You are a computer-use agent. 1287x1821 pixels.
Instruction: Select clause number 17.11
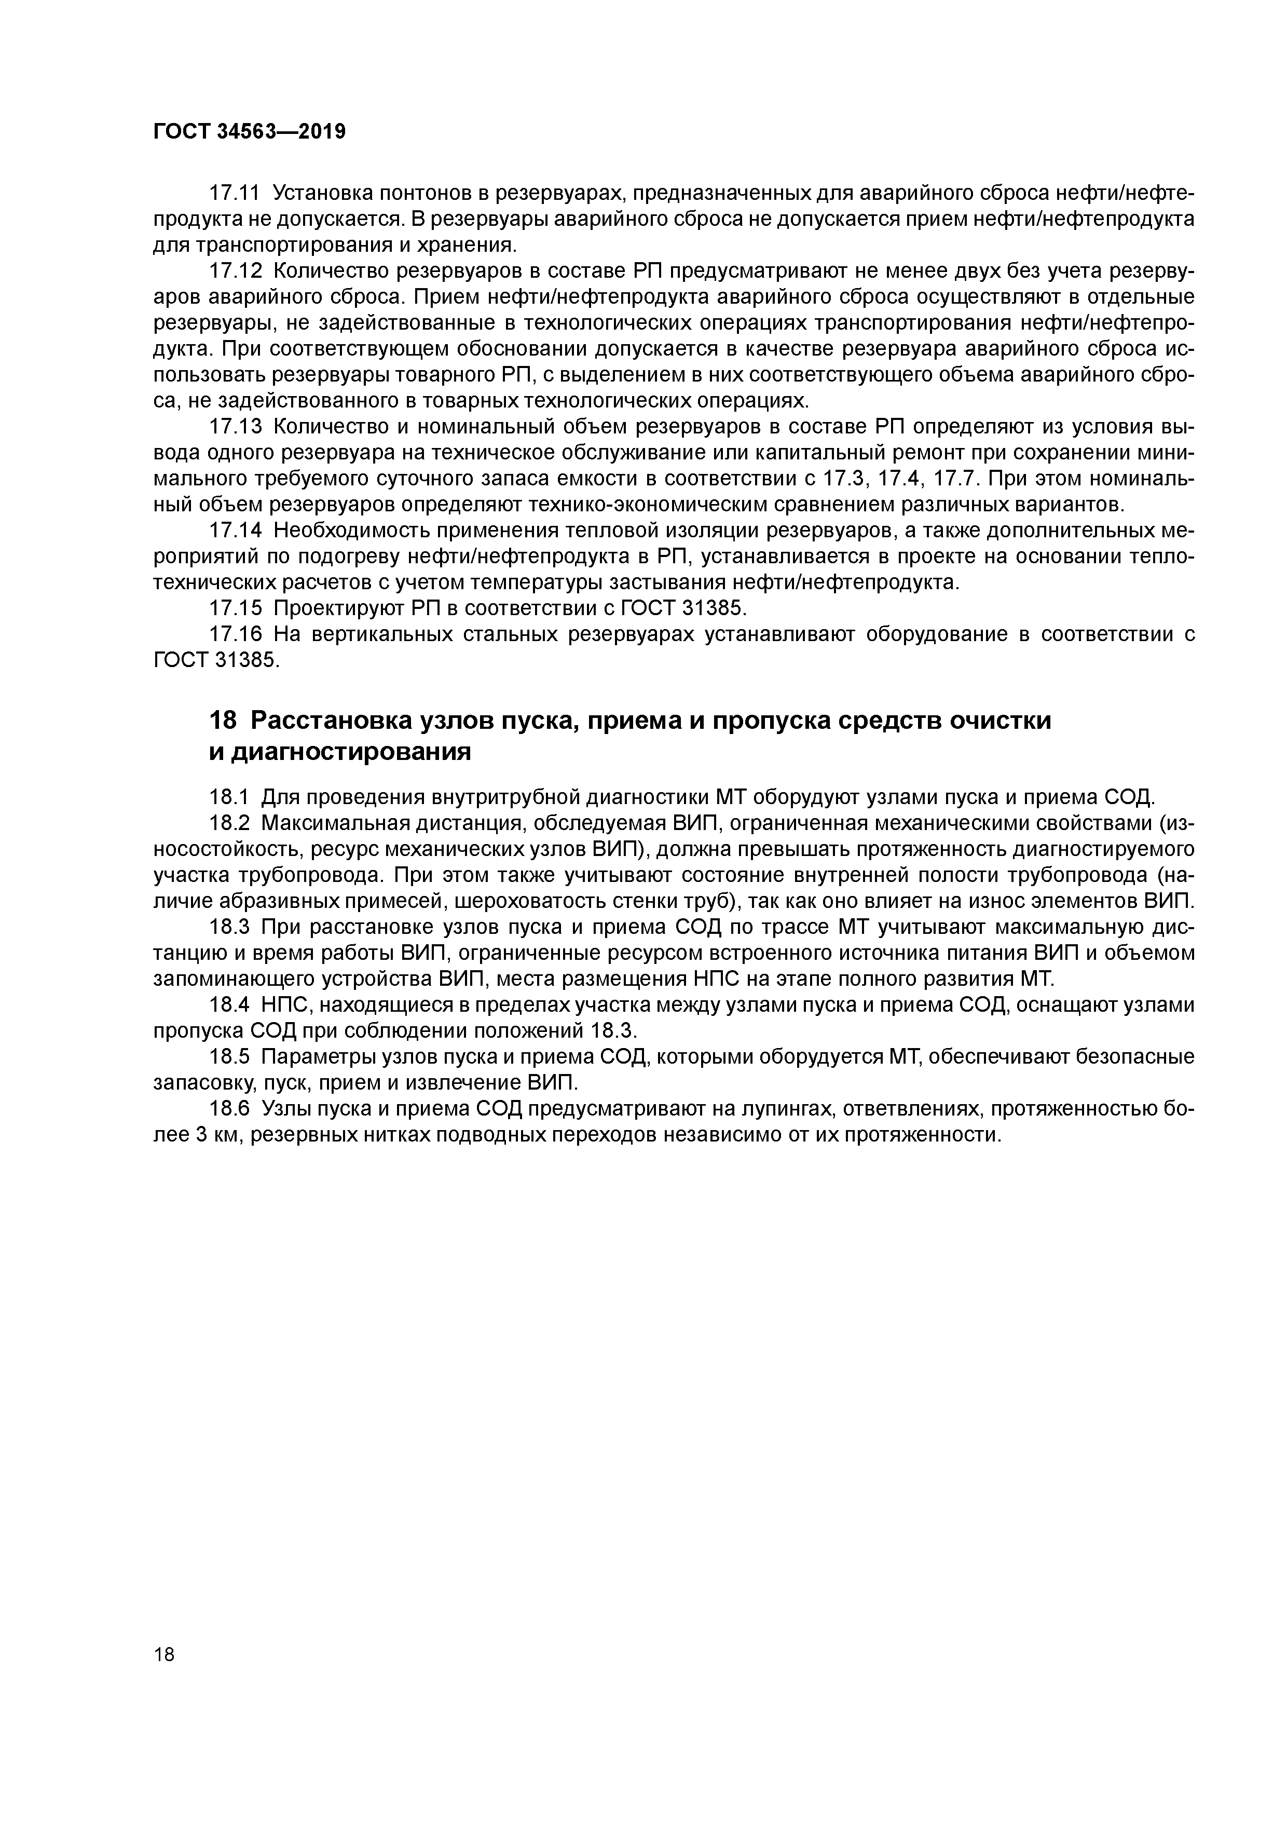tap(234, 194)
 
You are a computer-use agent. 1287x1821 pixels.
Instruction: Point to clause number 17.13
tap(234, 427)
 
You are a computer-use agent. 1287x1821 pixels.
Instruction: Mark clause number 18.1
tap(228, 796)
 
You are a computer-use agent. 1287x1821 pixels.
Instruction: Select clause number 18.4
tap(228, 1005)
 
